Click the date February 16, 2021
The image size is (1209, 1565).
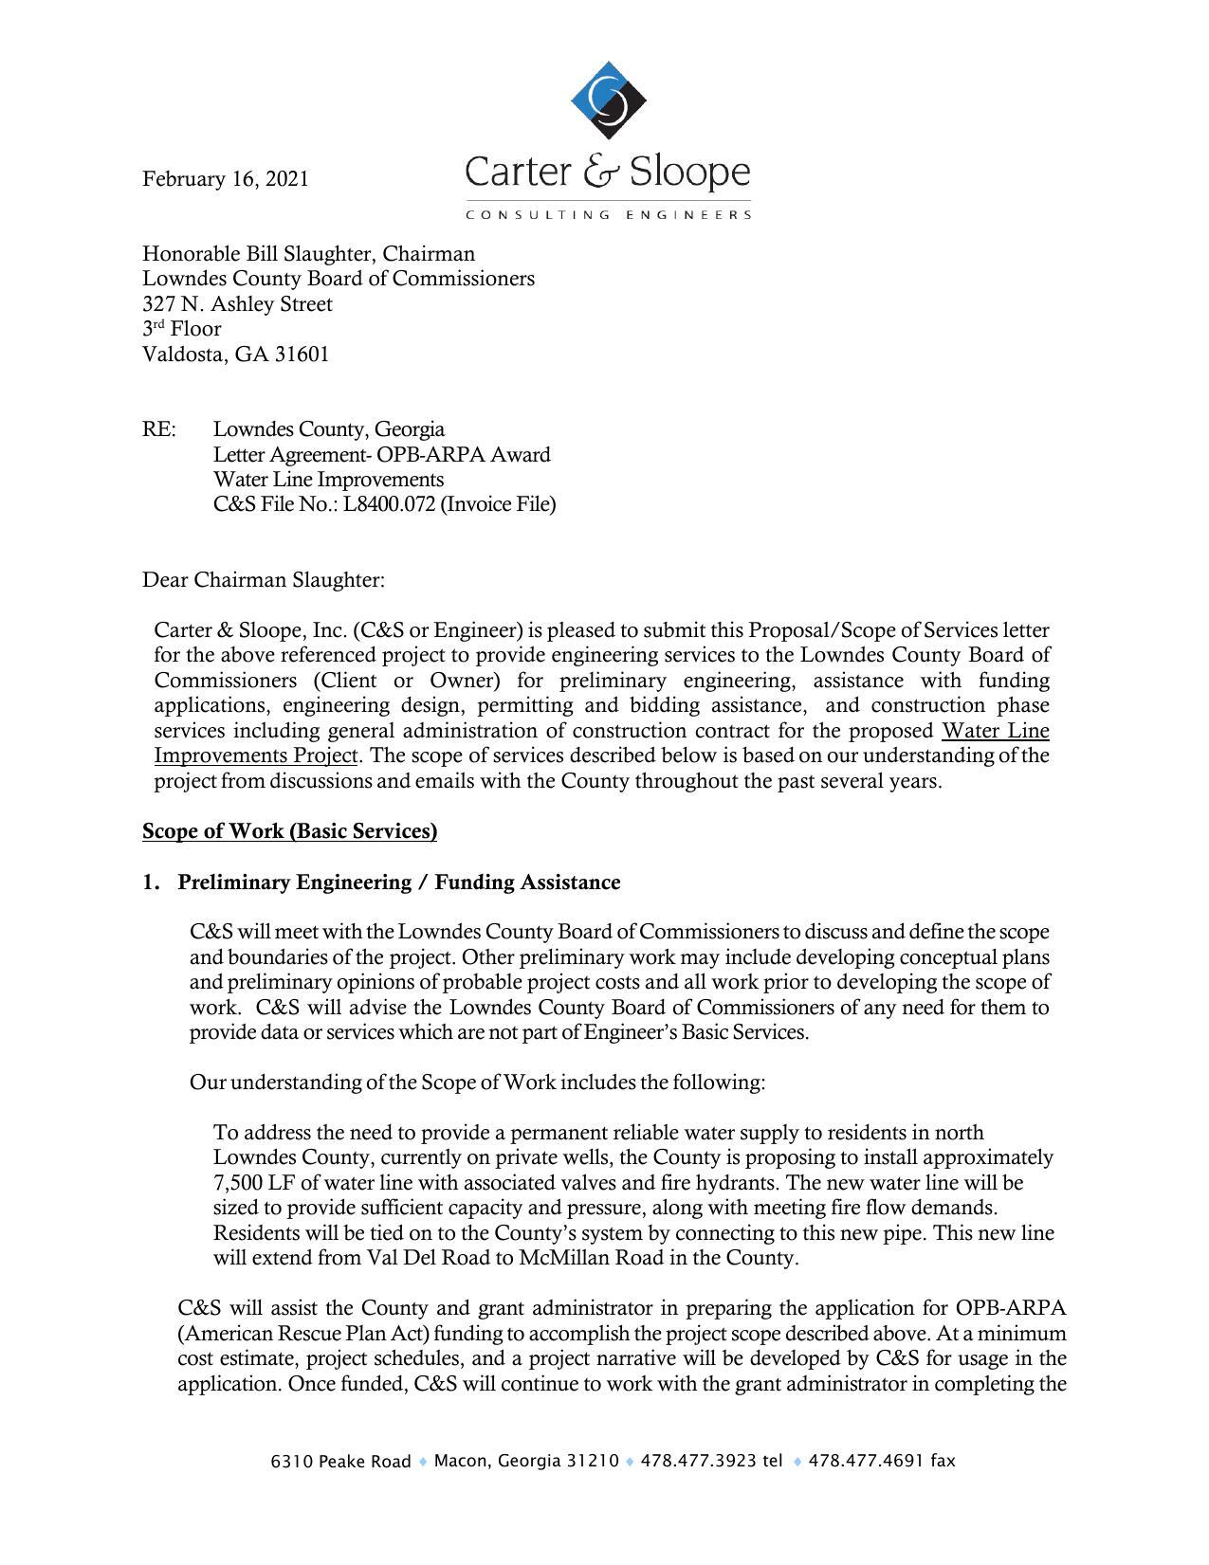pos(225,179)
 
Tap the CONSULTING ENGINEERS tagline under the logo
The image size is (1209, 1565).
pos(608,215)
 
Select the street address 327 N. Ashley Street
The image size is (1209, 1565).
pos(237,304)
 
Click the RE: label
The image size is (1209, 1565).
pos(158,429)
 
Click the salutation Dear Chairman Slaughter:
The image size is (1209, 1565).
pos(264,579)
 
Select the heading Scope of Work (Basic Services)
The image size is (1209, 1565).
pos(289,831)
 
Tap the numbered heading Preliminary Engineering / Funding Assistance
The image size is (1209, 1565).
pos(398,883)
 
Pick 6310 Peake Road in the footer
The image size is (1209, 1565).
pos(340,1462)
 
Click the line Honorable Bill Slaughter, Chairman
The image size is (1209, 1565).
pos(308,254)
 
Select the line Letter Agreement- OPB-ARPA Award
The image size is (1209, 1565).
pos(381,455)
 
